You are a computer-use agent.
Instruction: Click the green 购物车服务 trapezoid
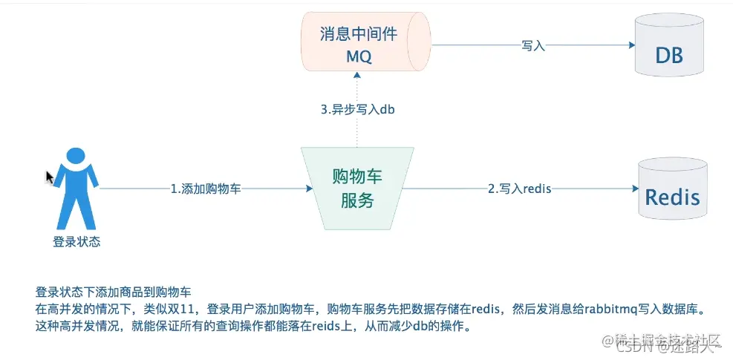coord(357,189)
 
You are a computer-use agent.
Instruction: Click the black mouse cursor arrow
coord(50,177)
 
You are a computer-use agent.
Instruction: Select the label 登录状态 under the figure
coord(76,241)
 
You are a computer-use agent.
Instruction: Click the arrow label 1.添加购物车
coord(205,189)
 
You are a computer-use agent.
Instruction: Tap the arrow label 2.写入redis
coord(519,189)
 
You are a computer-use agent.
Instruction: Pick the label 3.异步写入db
coord(357,109)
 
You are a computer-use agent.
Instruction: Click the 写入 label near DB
coord(533,46)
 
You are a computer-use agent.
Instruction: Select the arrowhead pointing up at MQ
coord(357,74)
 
